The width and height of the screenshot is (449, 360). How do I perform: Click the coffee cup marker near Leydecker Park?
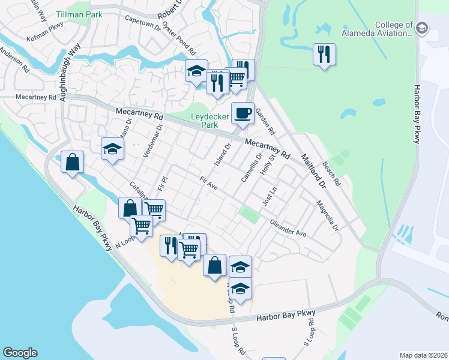(x=243, y=113)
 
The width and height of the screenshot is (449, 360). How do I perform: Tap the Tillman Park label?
(x=79, y=13)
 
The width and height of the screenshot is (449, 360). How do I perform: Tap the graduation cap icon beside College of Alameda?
(x=422, y=28)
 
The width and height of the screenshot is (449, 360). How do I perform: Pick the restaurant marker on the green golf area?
(x=324, y=55)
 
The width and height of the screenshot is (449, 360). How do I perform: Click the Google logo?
(x=20, y=353)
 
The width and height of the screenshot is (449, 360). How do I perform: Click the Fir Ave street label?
(x=208, y=182)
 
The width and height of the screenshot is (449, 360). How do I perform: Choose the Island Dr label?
(x=222, y=155)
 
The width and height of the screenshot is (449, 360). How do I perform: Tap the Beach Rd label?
(x=331, y=173)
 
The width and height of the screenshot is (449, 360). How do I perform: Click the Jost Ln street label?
(x=270, y=196)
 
